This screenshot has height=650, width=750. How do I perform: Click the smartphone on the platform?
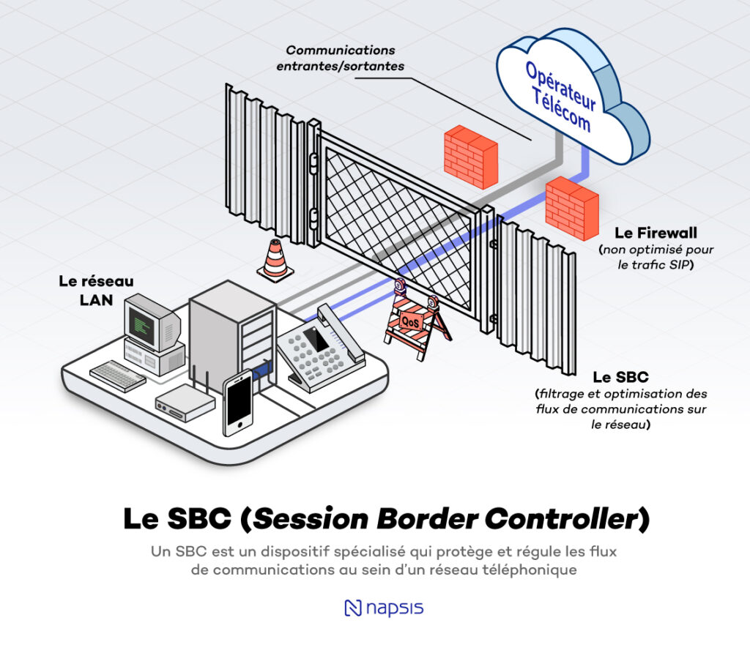pos(237,404)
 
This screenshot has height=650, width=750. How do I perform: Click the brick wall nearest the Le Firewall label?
pos(572,208)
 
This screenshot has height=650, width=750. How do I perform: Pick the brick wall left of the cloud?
pos(470,156)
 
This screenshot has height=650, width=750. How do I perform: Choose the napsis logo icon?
pos(353,608)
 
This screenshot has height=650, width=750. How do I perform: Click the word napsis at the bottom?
pos(396,608)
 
